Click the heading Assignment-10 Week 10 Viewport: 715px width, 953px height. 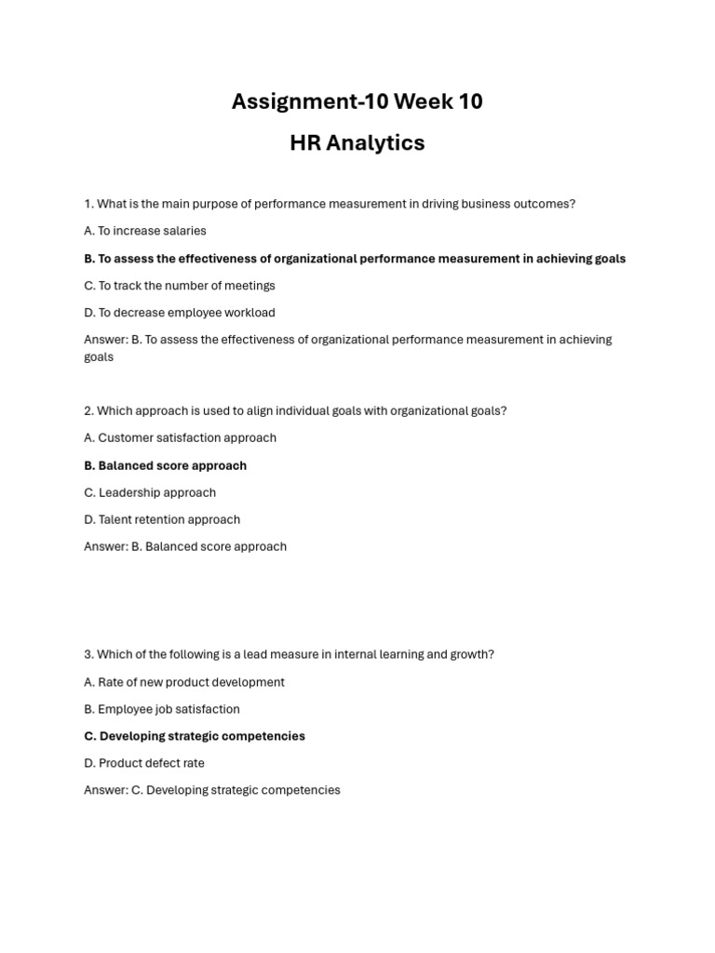pyautogui.click(x=357, y=101)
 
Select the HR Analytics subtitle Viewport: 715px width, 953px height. pyautogui.click(x=357, y=143)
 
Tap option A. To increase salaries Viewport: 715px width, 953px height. pyautogui.click(x=145, y=231)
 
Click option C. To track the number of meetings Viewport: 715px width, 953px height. pyautogui.click(x=180, y=286)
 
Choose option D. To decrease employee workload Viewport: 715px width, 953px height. pyautogui.click(x=180, y=313)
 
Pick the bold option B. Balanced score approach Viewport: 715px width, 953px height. pyautogui.click(x=166, y=465)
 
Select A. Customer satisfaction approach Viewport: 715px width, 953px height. pyautogui.click(x=181, y=437)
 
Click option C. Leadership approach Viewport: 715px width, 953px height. pyautogui.click(x=150, y=492)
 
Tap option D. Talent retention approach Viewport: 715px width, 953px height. pyautogui.click(x=162, y=519)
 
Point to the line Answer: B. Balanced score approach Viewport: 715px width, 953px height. pyautogui.click(x=185, y=546)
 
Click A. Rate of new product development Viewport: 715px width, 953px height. pyautogui.click(x=184, y=682)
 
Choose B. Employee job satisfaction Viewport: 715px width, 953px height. pyautogui.click(x=162, y=709)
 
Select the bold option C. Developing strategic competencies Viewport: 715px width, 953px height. pyautogui.click(x=195, y=736)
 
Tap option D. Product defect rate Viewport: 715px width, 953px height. pyautogui.click(x=144, y=763)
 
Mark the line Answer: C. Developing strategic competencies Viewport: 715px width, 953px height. pyautogui.click(x=212, y=790)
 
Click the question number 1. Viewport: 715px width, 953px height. pyautogui.click(x=88, y=204)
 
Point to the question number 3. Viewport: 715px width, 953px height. pyautogui.click(x=88, y=654)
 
